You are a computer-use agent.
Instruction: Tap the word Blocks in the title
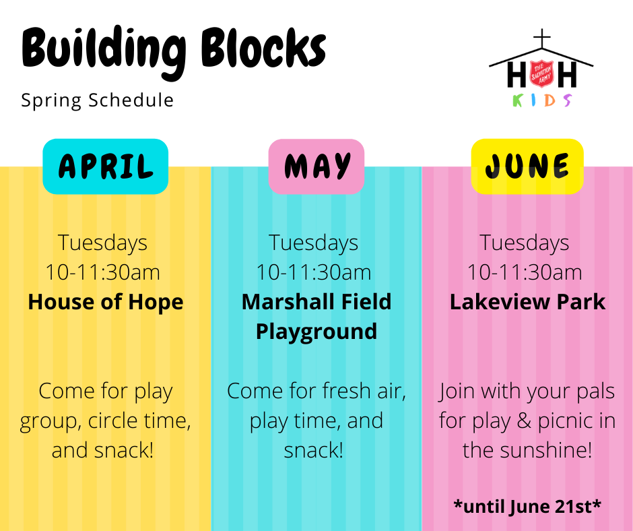263,48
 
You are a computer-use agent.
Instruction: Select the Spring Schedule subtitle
97,100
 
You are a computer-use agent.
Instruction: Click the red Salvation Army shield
541,73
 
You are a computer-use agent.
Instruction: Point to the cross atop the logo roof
542,39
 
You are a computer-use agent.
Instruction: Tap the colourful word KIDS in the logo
542,100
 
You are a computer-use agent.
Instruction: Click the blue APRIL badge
105,166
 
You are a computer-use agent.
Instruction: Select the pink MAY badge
316,166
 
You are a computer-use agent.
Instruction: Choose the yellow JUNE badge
527,166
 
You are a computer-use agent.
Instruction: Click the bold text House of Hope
105,302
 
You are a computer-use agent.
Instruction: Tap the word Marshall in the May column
284,301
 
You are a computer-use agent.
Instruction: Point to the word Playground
316,332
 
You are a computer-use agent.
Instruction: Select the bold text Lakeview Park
527,301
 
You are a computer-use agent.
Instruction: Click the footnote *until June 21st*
527,506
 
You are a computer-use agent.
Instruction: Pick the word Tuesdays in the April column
102,243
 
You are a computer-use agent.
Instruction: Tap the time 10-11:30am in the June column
525,272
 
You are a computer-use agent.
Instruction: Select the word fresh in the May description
347,391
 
